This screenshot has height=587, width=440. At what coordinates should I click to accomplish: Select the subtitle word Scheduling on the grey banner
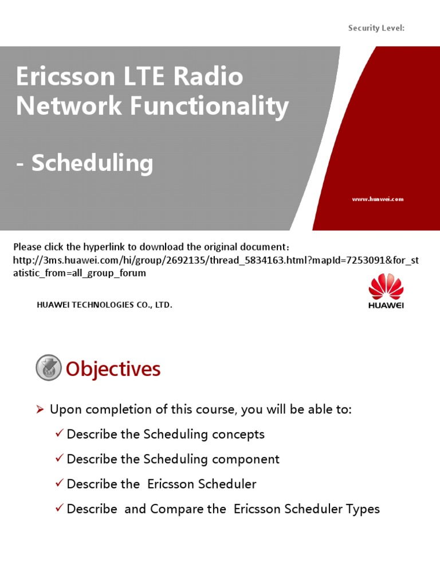point(92,163)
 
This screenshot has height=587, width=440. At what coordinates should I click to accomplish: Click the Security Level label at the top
point(376,28)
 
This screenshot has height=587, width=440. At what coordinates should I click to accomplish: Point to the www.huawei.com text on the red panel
point(378,199)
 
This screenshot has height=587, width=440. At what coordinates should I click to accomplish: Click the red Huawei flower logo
point(386,287)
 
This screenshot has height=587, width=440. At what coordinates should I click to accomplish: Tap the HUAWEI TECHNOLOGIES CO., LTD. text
point(104,306)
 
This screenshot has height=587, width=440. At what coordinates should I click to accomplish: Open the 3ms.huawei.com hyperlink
point(215,260)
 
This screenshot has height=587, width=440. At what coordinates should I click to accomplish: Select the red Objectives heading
point(113,369)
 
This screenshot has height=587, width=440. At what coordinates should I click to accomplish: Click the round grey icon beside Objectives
point(49,368)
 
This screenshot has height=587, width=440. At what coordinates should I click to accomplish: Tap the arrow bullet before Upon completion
point(40,409)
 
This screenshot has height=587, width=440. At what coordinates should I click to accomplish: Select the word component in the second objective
point(246,459)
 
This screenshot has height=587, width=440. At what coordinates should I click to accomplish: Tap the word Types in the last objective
point(362,509)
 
